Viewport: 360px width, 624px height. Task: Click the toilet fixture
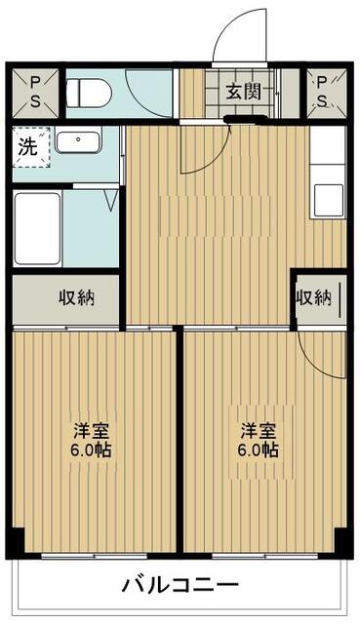tap(89, 94)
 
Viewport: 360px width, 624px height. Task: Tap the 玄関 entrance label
tap(244, 92)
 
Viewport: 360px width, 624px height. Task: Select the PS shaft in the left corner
tap(35, 94)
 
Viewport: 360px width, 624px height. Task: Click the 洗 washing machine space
tap(31, 147)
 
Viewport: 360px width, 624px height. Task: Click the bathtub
tap(37, 228)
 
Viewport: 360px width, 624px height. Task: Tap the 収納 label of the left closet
tap(77, 297)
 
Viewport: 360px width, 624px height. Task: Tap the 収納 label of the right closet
tap(313, 296)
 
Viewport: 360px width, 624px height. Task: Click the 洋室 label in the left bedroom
tap(91, 430)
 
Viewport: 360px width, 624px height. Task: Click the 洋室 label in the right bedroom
tap(259, 430)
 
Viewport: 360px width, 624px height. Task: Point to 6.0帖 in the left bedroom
tap(91, 450)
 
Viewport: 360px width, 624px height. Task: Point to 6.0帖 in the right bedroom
tap(259, 450)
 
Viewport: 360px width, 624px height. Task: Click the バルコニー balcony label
tap(180, 585)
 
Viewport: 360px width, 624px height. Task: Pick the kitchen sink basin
tap(329, 200)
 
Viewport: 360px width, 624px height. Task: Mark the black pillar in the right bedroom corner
tap(342, 540)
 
